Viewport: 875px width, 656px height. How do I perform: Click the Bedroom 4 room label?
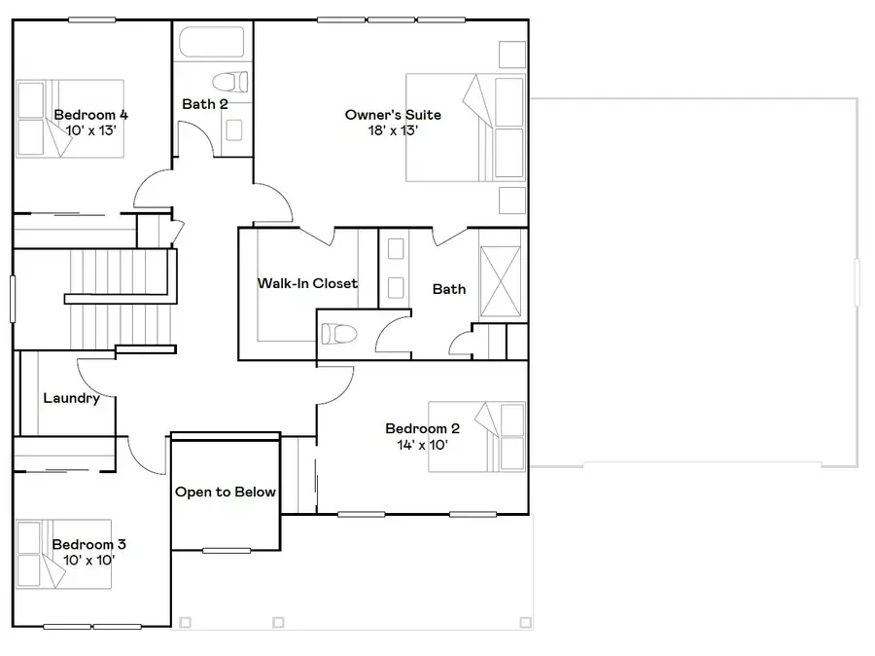(91, 114)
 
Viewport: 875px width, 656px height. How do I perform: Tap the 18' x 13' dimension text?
(393, 130)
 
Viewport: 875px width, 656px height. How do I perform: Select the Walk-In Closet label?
(307, 283)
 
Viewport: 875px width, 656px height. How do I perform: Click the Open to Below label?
(226, 492)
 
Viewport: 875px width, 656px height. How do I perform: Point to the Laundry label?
(71, 398)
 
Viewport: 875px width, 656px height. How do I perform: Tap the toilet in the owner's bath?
(336, 334)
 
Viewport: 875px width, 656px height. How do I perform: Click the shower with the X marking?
(502, 274)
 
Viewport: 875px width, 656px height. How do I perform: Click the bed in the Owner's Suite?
(465, 128)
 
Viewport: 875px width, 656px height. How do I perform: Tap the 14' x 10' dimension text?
(422, 445)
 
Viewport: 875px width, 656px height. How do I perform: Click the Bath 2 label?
(205, 104)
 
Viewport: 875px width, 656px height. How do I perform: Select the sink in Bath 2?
(234, 129)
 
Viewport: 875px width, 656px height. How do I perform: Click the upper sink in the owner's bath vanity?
(396, 249)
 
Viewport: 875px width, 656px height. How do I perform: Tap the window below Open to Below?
(226, 551)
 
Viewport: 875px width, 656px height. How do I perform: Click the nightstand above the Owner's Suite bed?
(511, 54)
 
